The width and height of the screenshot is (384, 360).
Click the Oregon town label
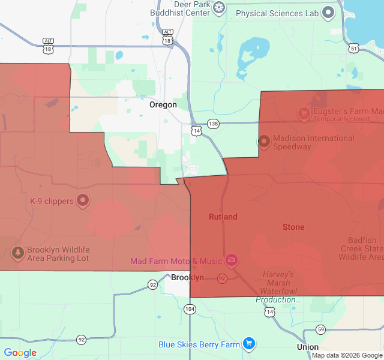click(163, 104)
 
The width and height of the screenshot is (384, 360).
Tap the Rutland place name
click(223, 217)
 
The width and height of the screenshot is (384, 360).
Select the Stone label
click(293, 227)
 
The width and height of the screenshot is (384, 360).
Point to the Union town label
click(307, 347)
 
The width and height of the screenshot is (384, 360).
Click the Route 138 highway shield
click(213, 124)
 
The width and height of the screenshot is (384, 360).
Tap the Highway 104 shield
click(190, 309)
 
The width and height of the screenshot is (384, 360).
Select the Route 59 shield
click(321, 329)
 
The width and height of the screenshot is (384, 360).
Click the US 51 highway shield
click(354, 48)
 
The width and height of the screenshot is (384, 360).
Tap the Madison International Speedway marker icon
click(263, 142)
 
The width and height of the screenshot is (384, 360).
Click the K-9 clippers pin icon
click(83, 200)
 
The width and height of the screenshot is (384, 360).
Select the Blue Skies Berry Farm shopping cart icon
click(249, 344)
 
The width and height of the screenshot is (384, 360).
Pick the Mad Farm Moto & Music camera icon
click(231, 260)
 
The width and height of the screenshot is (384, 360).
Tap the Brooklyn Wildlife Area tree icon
click(18, 253)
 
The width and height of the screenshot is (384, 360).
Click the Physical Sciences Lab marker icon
click(328, 13)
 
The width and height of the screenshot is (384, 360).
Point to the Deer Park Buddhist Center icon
click(220, 8)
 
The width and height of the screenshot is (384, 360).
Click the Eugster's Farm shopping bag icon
click(304, 112)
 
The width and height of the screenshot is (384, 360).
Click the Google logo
click(20, 353)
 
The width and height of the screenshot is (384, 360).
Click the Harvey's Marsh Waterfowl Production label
click(278, 287)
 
